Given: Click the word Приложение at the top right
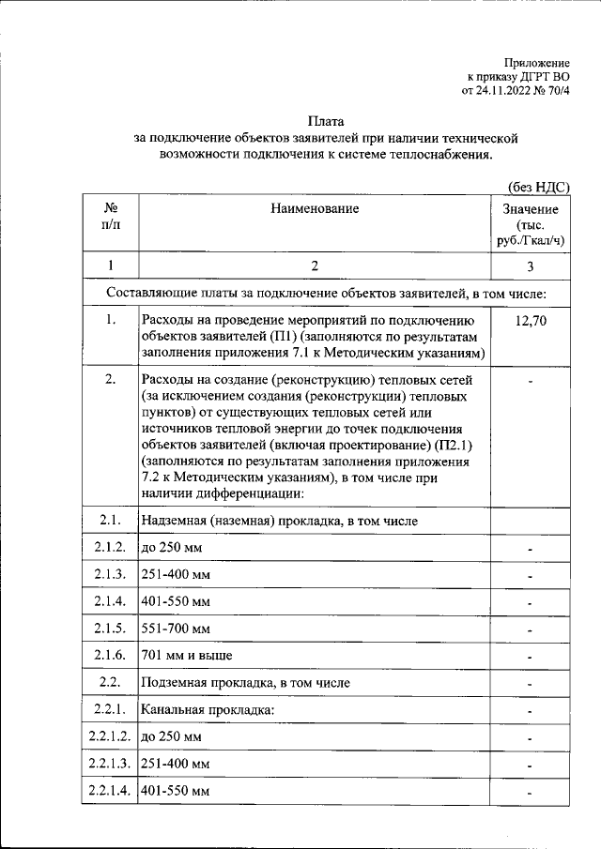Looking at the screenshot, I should click(536, 61).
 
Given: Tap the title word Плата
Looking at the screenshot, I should click(328, 121).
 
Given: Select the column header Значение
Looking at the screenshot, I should click(531, 209).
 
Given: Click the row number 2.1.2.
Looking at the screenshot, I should click(111, 547).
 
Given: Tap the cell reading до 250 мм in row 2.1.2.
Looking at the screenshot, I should click(171, 547).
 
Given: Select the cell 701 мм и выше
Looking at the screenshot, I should click(186, 655).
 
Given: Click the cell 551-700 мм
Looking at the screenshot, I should click(176, 628).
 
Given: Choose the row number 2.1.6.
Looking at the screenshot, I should click(111, 655).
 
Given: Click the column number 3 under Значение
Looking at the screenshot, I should click(531, 265).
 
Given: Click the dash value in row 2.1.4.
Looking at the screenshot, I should click(531, 602).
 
